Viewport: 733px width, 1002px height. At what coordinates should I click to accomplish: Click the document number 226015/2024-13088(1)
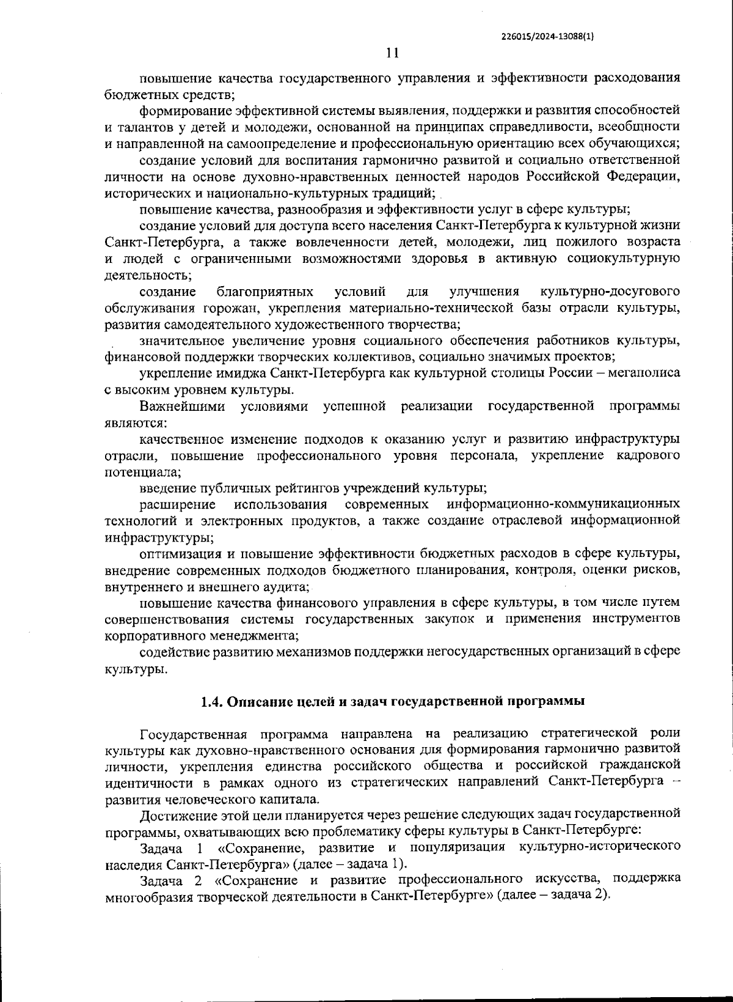(x=547, y=36)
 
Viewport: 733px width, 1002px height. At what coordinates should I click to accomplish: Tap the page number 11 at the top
(x=392, y=53)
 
